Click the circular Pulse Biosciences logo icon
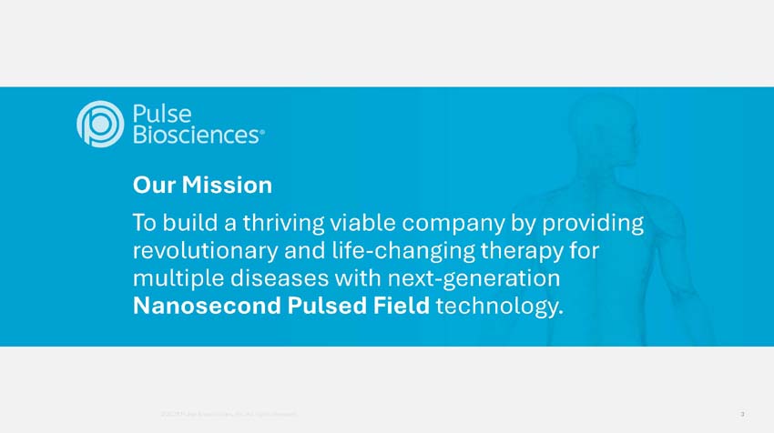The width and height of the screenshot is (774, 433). tap(99, 124)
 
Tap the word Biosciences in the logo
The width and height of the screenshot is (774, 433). tap(196, 135)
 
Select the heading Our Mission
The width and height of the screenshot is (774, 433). tap(202, 186)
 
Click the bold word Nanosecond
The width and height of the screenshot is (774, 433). tap(209, 306)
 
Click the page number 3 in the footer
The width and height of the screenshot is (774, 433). tap(743, 415)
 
